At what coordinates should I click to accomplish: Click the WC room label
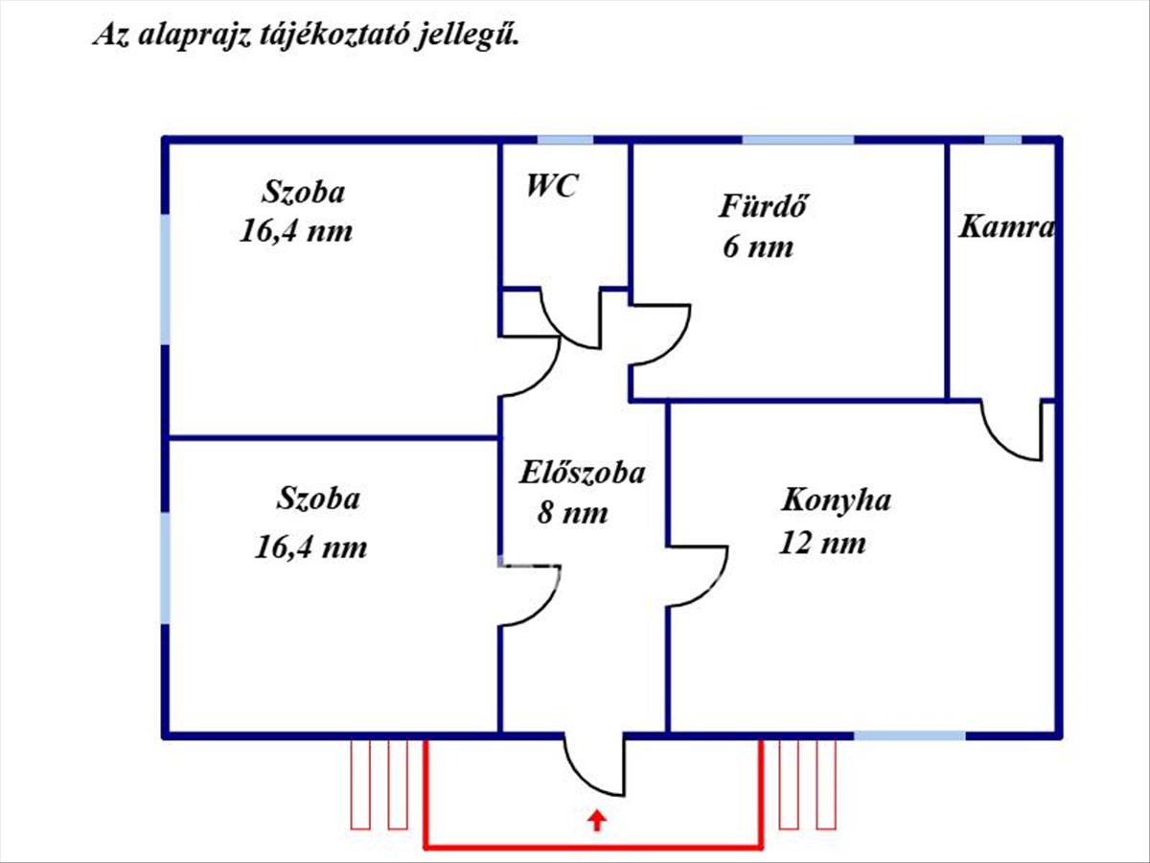(x=551, y=186)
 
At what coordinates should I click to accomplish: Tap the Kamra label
(x=1006, y=227)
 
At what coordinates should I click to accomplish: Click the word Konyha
(x=837, y=501)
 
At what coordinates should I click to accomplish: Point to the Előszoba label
(x=582, y=472)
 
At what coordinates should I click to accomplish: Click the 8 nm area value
(x=572, y=513)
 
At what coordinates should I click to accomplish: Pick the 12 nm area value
(x=823, y=543)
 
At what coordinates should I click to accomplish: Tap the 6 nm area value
(x=758, y=246)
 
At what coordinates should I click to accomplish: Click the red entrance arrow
(x=597, y=820)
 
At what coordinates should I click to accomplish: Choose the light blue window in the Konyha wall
(x=909, y=735)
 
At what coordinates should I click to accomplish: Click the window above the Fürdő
(x=798, y=140)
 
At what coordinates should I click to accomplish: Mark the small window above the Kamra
(x=1002, y=140)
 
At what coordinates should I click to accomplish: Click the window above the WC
(x=552, y=140)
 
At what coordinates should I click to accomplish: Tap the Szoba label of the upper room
(x=303, y=192)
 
